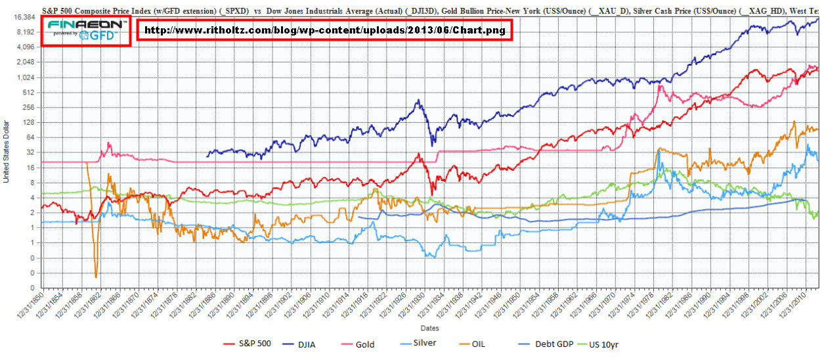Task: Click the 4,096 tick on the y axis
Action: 26,47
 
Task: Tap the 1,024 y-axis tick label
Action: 26,78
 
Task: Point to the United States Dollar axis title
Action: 6,151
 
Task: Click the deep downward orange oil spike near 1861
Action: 96,275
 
